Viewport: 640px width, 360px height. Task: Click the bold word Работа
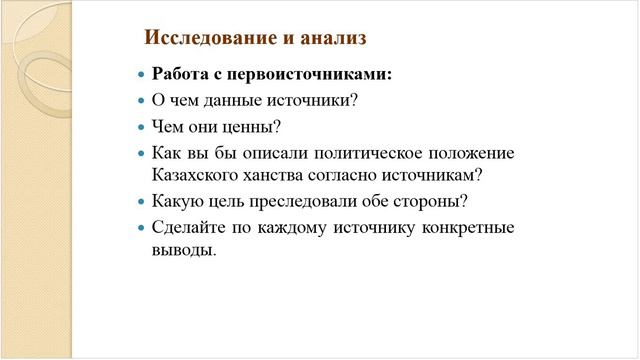tap(179, 75)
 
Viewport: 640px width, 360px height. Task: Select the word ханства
tap(276, 175)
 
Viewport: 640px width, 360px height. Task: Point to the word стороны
tap(433, 201)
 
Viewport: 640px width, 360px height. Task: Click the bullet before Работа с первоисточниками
tap(140, 76)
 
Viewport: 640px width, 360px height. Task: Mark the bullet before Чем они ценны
tap(140, 128)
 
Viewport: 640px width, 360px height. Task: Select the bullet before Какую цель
tap(140, 202)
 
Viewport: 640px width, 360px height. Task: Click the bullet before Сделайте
tap(140, 228)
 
